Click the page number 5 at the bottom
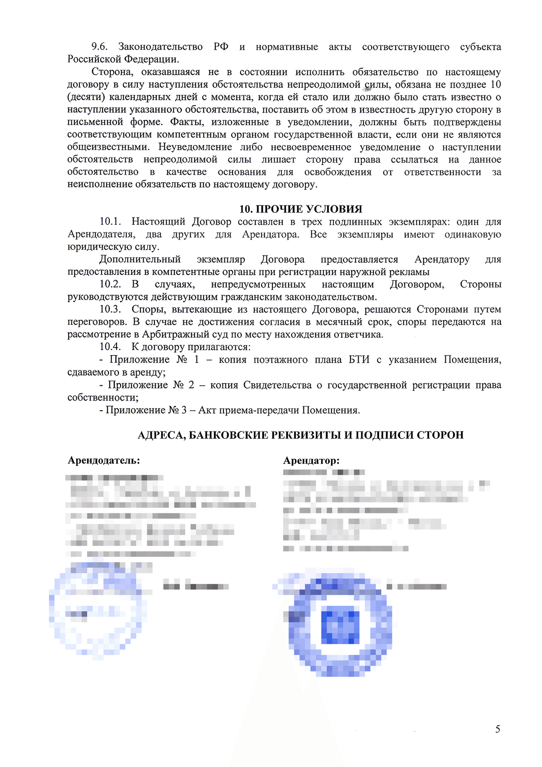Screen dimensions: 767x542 [498, 729]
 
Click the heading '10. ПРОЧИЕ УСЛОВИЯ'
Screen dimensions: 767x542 [301, 209]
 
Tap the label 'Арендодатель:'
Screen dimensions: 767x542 [104, 460]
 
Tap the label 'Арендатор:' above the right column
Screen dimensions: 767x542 [311, 460]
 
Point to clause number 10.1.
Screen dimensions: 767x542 [111, 222]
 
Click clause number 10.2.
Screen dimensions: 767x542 [110, 284]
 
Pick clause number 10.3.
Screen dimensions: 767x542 [110, 309]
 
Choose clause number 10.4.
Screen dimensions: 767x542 [110, 347]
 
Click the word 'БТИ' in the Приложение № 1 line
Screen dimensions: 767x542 [359, 360]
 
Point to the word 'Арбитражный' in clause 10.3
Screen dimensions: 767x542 [169, 335]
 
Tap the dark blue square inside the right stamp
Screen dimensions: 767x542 [340, 627]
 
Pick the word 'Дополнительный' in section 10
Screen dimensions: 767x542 [140, 260]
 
